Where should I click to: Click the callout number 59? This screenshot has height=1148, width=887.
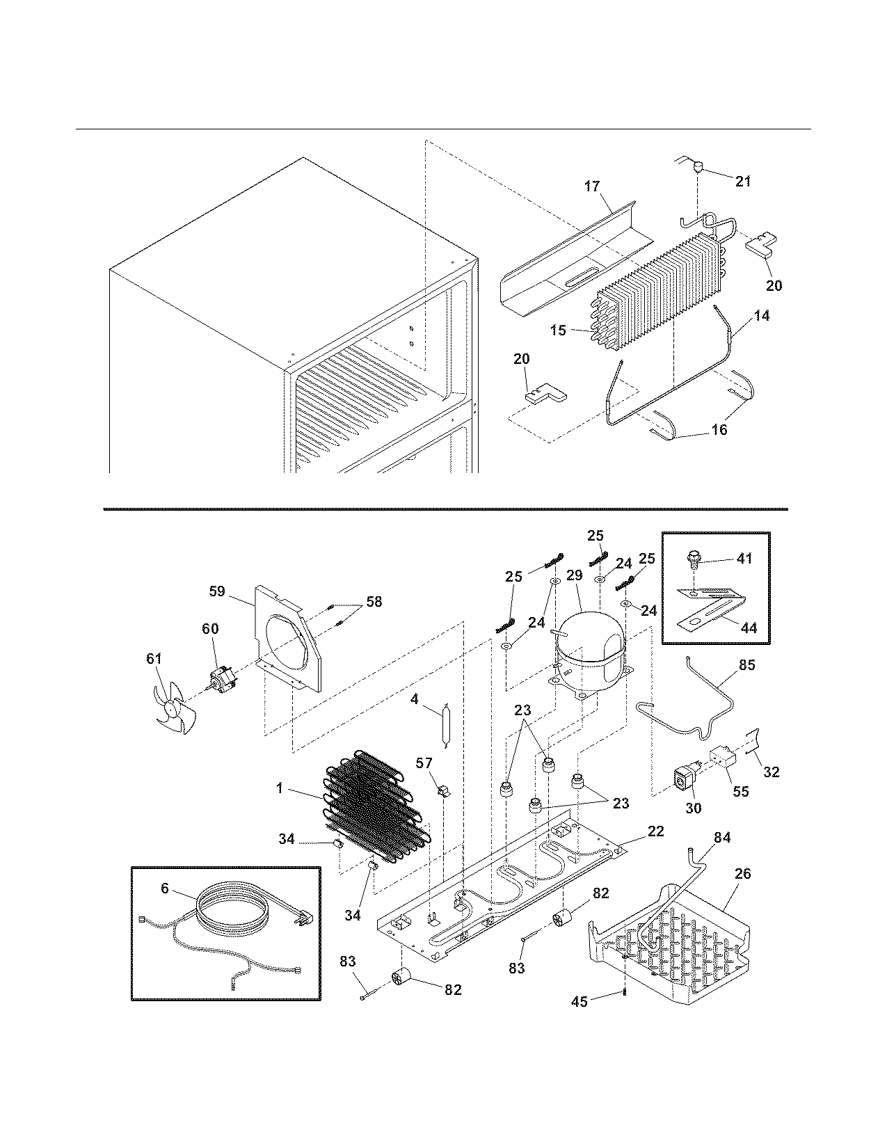(217, 591)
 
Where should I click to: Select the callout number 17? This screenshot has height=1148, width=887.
(591, 186)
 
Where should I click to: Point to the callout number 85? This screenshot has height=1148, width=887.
(746, 664)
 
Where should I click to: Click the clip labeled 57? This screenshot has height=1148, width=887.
(440, 790)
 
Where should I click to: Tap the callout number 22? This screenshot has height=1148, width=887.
(655, 831)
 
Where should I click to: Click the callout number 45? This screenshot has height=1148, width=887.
(579, 1001)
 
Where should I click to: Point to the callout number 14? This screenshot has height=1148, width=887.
(762, 315)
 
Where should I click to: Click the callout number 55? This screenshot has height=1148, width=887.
(741, 791)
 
